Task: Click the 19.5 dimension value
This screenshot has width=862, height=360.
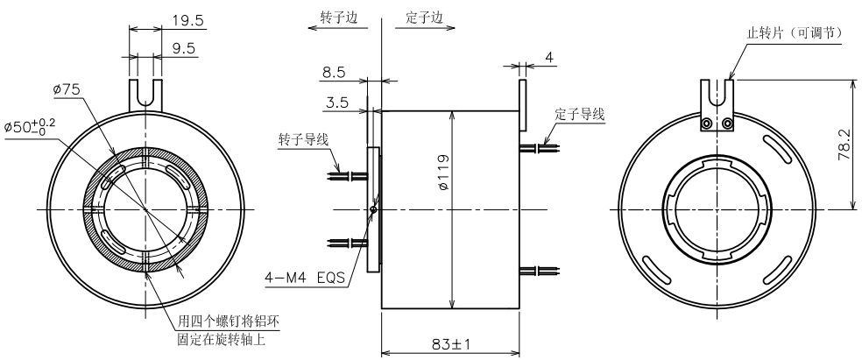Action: (188, 20)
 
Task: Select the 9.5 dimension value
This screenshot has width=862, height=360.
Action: (184, 48)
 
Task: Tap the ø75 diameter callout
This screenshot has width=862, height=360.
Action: (67, 89)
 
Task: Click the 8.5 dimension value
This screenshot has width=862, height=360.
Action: (335, 73)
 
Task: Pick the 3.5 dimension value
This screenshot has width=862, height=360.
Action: (335, 103)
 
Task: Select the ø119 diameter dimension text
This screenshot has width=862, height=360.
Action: (443, 173)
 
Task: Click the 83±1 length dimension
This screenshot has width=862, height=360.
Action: (450, 344)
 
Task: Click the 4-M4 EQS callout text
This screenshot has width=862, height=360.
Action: (305, 279)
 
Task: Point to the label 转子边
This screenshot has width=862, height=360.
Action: (340, 17)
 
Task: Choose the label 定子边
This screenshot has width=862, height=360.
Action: (424, 17)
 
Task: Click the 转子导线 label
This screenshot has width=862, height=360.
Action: (304, 139)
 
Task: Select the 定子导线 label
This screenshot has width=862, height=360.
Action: (580, 115)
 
